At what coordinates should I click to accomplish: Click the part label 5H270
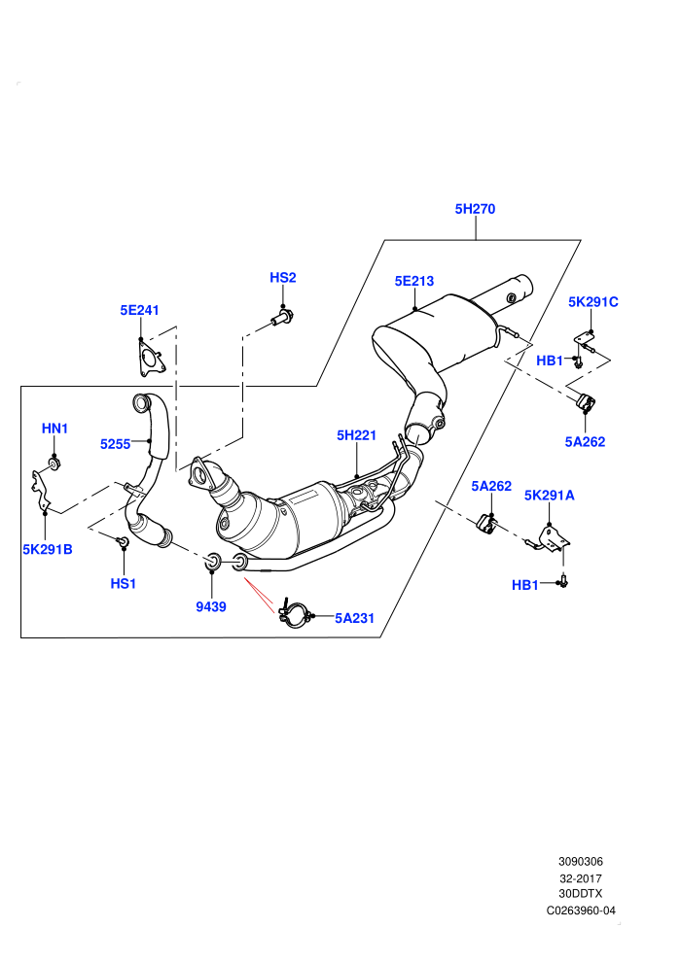(x=475, y=209)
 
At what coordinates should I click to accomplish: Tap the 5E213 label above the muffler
(x=413, y=281)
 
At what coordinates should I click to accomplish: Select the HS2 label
(x=282, y=277)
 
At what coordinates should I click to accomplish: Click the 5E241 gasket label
(x=139, y=310)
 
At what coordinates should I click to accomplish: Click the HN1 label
(x=54, y=429)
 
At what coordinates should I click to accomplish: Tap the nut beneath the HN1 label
(x=54, y=464)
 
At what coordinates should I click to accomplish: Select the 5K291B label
(x=48, y=549)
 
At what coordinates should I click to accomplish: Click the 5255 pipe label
(x=116, y=444)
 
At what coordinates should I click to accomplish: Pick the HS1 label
(x=123, y=583)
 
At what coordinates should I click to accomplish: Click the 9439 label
(x=211, y=606)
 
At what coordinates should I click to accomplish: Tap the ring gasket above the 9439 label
(x=212, y=560)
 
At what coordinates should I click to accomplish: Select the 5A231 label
(x=354, y=618)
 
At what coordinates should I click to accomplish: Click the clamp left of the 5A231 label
(x=294, y=615)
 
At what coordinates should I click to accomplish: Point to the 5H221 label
(x=356, y=435)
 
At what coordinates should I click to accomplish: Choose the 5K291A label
(x=549, y=496)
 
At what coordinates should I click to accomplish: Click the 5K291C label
(x=593, y=302)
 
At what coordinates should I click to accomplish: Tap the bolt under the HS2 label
(x=282, y=319)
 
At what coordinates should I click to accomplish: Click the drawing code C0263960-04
(x=581, y=910)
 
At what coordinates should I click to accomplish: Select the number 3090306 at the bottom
(x=581, y=861)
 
